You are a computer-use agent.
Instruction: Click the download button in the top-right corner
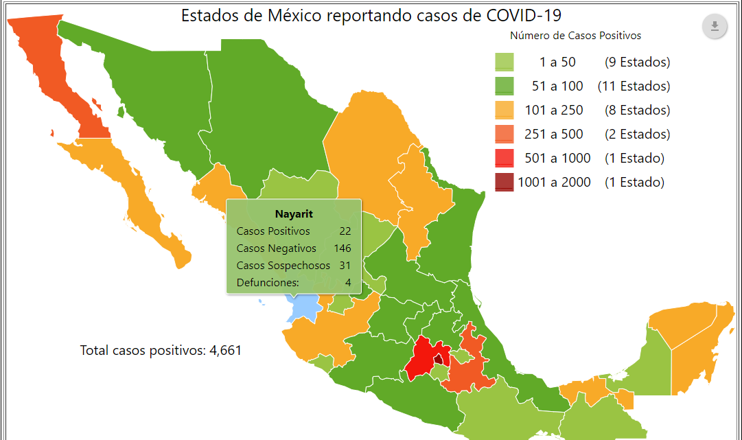tap(715, 27)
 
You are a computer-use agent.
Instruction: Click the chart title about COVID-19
tap(375, 15)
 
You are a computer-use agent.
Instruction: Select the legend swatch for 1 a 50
tap(505, 62)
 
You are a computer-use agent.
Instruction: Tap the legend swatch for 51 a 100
tap(505, 86)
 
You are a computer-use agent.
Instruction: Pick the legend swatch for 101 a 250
tap(505, 111)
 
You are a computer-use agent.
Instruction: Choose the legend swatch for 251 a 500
tap(505, 135)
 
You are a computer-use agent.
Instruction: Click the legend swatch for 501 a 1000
tap(505, 159)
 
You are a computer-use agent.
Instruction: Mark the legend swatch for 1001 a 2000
tap(505, 183)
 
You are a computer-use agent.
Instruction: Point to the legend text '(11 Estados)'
tap(634, 86)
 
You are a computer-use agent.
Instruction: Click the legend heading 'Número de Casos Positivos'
tap(576, 35)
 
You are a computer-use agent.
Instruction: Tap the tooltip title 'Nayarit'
tap(294, 213)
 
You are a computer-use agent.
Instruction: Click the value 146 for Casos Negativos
tap(342, 248)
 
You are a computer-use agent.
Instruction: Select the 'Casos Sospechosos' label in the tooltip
tap(283, 266)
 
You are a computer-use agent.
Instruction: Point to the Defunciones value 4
tap(348, 283)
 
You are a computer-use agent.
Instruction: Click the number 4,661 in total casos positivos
tap(225, 351)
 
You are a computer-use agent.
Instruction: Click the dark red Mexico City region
tap(438, 359)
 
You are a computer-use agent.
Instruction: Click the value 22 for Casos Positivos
tap(345, 231)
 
